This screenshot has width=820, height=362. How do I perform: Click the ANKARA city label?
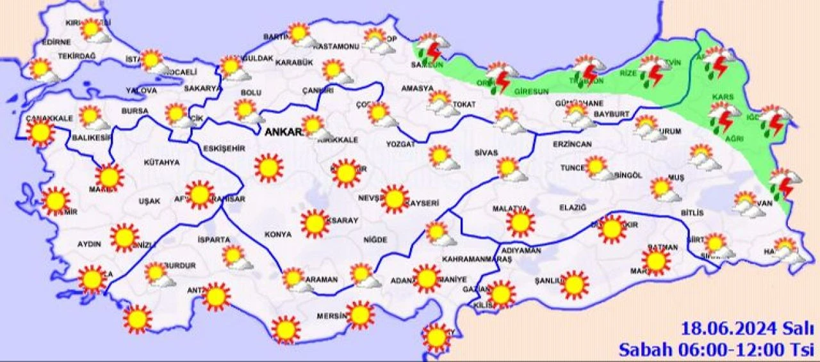(x=282, y=132)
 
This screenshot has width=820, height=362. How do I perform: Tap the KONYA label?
(x=277, y=235)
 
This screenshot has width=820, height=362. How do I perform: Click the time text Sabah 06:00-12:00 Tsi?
(x=716, y=349)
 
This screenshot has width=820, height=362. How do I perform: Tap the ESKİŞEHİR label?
(x=224, y=148)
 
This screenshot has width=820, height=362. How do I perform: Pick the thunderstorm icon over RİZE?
(x=653, y=70)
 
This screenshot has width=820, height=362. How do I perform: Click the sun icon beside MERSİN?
(x=360, y=315)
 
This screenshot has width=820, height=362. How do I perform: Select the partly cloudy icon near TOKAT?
(x=442, y=102)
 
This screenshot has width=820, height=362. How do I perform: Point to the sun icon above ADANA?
(x=426, y=278)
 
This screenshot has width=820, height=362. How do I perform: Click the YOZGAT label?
(x=400, y=145)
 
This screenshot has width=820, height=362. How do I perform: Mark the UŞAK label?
(x=149, y=201)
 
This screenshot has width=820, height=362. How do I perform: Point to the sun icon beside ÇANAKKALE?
(x=41, y=133)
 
